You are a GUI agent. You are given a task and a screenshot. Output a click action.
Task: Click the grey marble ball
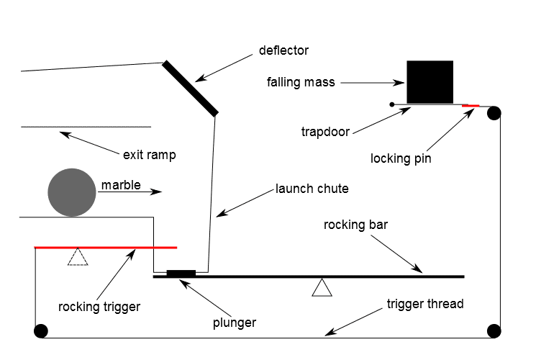72,192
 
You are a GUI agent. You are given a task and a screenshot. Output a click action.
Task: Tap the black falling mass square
430,81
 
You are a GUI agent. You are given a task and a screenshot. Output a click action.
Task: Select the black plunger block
181,273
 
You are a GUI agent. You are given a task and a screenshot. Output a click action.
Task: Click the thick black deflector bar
190,88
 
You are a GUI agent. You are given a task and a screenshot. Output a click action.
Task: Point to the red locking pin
471,106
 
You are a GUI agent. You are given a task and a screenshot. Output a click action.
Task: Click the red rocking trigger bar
106,247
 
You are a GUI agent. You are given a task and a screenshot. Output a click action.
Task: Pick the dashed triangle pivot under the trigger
77,257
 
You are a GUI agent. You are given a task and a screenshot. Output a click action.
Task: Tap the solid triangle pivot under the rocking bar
322,288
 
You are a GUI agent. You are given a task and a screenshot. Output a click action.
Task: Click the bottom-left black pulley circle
40,331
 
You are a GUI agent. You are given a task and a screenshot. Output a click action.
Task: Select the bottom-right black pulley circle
494,331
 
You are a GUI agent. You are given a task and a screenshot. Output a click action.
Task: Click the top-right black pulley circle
494,113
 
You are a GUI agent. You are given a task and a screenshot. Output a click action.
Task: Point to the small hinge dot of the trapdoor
392,105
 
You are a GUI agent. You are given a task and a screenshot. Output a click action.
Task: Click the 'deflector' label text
283,51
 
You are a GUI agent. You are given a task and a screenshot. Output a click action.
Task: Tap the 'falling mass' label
301,82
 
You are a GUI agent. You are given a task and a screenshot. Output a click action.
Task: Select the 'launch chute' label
312,189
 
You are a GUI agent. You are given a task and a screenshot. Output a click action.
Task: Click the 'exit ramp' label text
149,154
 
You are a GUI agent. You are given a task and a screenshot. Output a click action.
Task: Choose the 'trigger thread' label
425,304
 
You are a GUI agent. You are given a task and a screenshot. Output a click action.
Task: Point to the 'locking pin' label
401,158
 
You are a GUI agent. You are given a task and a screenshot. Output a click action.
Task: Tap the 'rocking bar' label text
355,225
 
